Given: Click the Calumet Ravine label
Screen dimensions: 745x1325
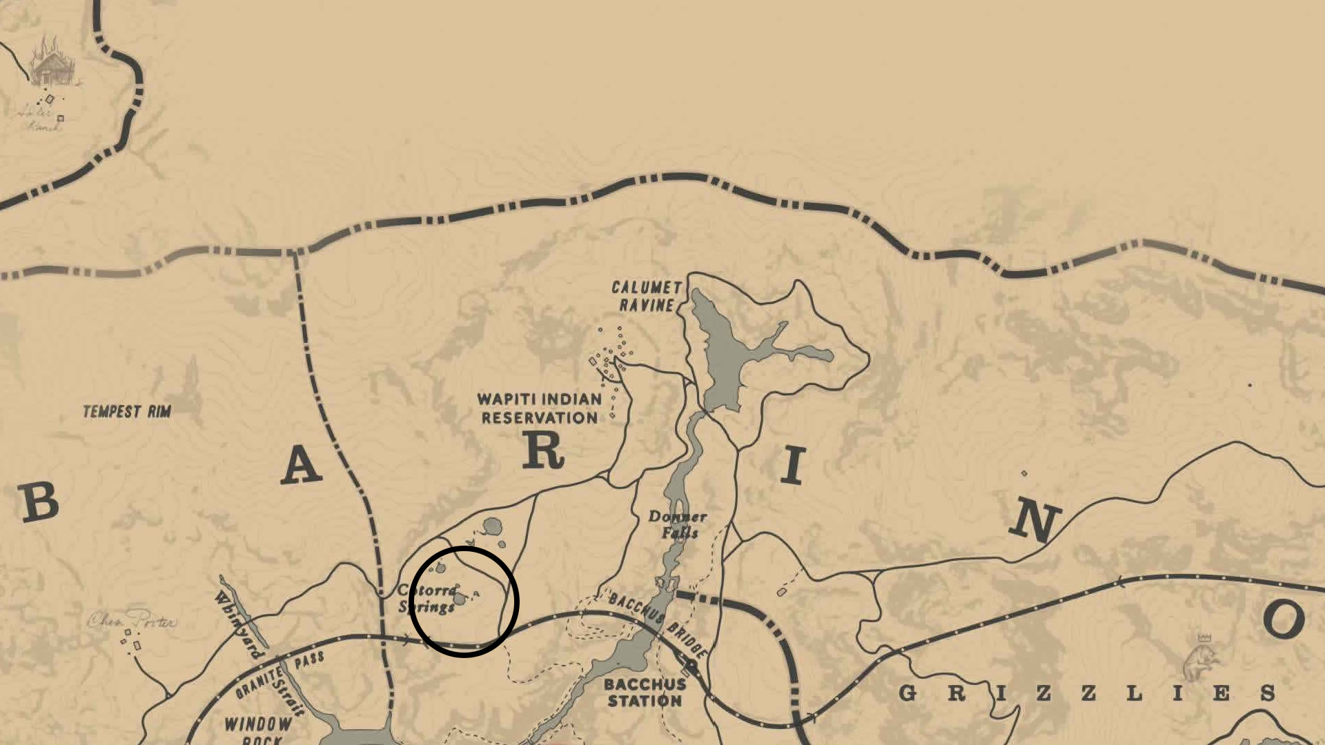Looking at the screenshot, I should click(646, 297).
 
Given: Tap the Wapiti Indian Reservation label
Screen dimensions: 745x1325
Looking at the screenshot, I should click(539, 408).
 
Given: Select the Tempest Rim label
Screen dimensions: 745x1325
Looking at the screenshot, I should click(127, 412).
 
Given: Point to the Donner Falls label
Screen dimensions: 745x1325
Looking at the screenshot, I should click(678, 525).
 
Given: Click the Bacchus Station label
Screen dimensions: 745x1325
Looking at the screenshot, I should click(645, 693).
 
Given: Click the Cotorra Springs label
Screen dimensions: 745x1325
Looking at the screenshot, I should click(428, 599).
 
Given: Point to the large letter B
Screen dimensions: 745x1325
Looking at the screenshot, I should click(39, 502).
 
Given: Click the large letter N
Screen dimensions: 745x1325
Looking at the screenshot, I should click(1034, 521).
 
